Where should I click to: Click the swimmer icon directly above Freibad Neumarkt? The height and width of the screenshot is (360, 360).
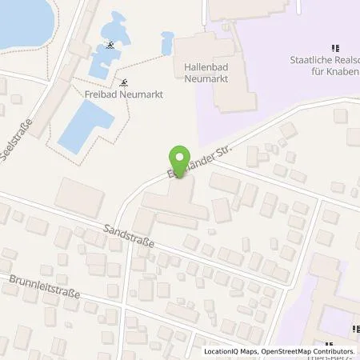[x=124, y=82]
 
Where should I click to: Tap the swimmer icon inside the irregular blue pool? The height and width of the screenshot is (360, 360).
[x=110, y=46]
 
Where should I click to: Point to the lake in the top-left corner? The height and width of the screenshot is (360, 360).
[x=20, y=20]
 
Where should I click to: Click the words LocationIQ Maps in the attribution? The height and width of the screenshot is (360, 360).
[x=230, y=352]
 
